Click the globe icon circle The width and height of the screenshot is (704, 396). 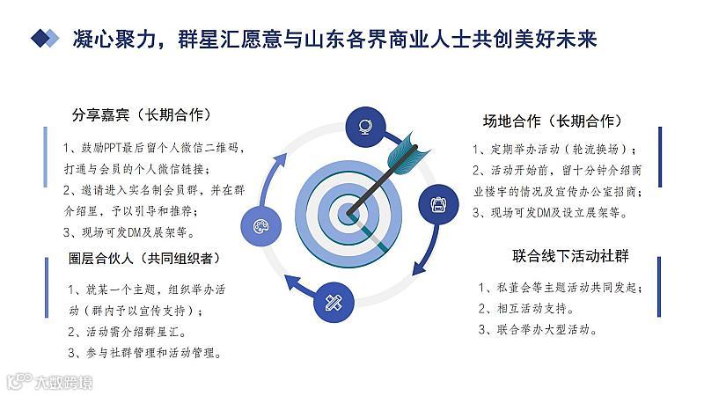pyautogui.click(x=365, y=127)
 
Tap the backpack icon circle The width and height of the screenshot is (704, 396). pyautogui.click(x=438, y=204)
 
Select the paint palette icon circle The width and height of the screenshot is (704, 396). pyautogui.click(x=260, y=225)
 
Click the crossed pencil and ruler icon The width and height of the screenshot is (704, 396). pyautogui.click(x=334, y=302)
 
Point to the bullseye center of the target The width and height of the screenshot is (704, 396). pyautogui.click(x=348, y=213)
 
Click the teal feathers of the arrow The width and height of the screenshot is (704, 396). pyautogui.click(x=407, y=152)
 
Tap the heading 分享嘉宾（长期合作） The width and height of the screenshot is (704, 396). pyautogui.click(x=142, y=115)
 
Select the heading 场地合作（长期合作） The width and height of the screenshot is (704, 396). pyautogui.click(x=553, y=121)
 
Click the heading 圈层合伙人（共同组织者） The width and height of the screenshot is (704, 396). pyautogui.click(x=144, y=258)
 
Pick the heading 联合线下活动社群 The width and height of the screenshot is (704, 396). pyautogui.click(x=570, y=256)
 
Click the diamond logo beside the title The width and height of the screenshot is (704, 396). pyautogui.click(x=45, y=38)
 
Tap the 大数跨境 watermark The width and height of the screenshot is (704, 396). pyautogui.click(x=50, y=382)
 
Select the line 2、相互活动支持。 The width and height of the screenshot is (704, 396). pyautogui.click(x=526, y=309)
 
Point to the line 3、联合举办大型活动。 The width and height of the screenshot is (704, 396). pyautogui.click(x=538, y=329)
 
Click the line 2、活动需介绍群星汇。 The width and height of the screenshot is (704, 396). pyautogui.click(x=127, y=332)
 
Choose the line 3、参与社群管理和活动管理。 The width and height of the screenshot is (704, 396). pyautogui.click(x=144, y=353)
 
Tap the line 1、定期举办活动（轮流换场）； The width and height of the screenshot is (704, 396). pyautogui.click(x=554, y=149)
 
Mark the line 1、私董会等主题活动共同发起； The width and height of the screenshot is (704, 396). pyautogui.click(x=561, y=288)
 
